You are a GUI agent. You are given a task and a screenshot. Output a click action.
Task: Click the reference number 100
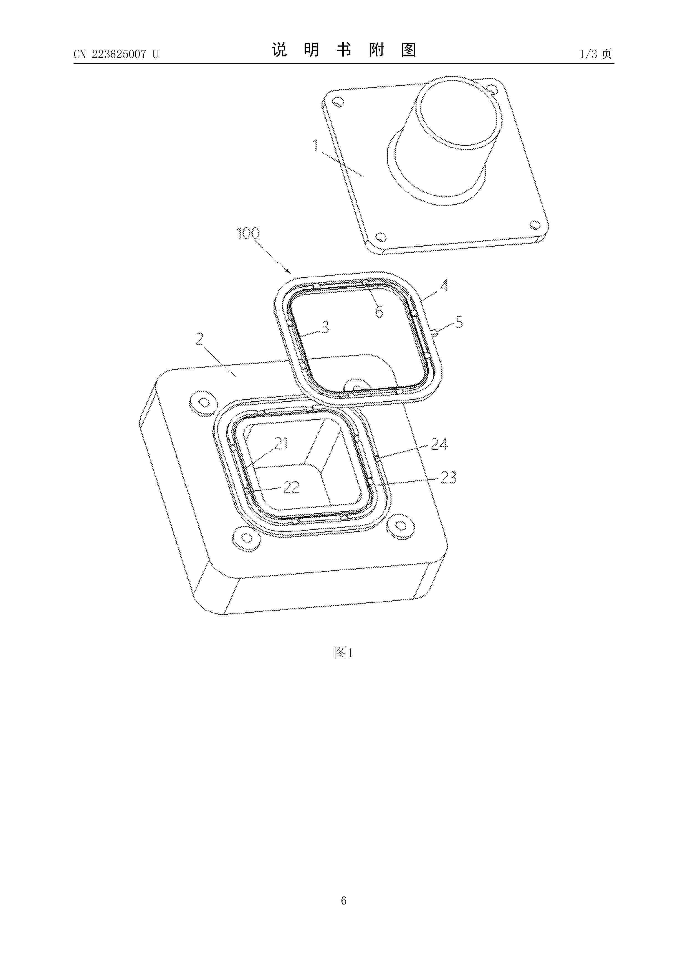pos(248,234)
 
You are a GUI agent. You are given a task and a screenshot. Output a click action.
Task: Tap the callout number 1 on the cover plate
pos(316,146)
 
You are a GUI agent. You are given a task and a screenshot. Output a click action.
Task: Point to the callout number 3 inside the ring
pos(325,327)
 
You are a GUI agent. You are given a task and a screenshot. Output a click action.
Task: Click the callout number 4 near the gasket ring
pos(443,286)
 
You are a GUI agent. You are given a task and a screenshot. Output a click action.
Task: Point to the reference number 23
pos(449,478)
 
